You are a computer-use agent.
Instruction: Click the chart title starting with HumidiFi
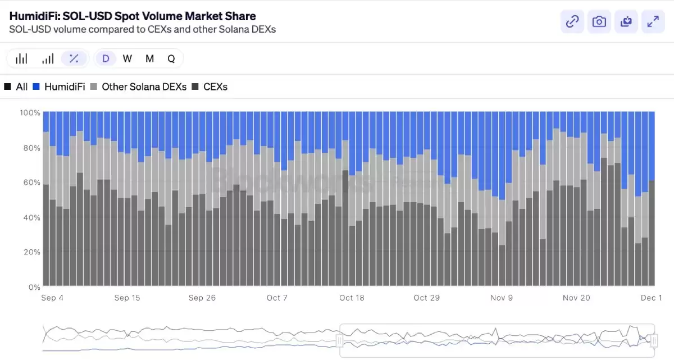(133, 16)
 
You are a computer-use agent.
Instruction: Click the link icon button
(572, 22)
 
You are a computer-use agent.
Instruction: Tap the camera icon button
(599, 22)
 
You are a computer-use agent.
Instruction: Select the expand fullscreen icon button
(653, 22)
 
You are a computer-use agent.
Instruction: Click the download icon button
(626, 22)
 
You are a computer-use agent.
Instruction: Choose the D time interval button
(106, 58)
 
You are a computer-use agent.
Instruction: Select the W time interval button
(127, 58)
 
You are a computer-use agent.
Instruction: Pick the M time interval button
(149, 58)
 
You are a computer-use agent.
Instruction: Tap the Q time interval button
(171, 58)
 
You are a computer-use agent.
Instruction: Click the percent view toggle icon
(74, 58)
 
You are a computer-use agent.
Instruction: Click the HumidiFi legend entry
(59, 87)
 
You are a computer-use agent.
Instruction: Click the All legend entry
(16, 87)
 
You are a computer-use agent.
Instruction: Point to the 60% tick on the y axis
(30, 183)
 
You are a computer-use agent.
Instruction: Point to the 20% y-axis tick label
(30, 252)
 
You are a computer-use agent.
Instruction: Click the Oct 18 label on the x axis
(352, 298)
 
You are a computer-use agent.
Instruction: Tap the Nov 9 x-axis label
(502, 298)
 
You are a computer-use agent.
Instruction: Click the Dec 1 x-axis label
(652, 298)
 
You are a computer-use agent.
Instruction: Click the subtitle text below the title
(143, 29)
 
